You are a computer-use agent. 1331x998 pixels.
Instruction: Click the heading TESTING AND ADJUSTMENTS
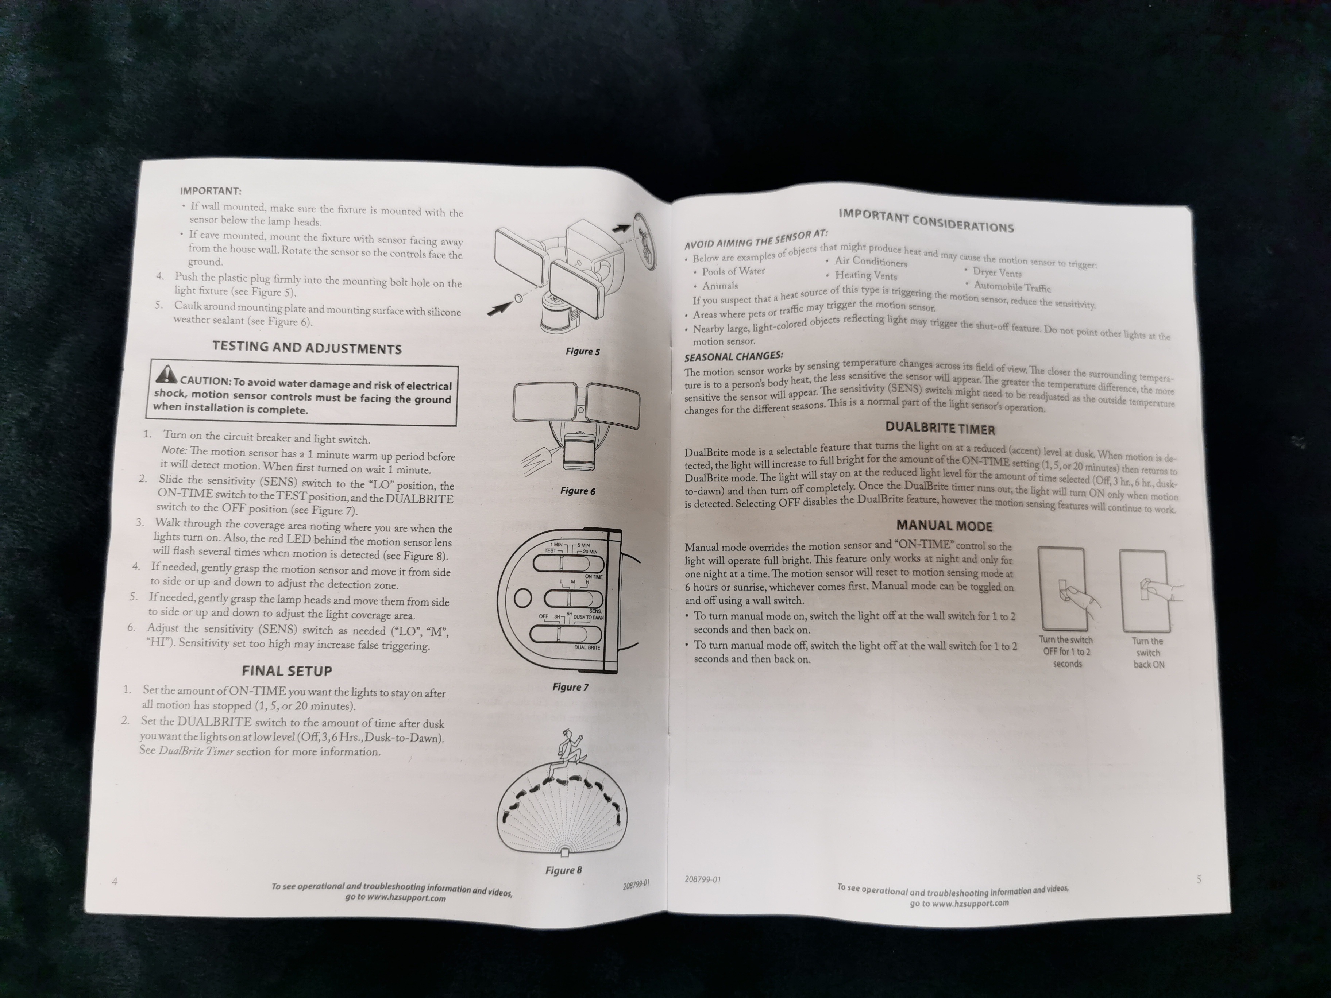point(307,348)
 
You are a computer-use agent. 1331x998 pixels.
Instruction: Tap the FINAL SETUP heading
point(287,671)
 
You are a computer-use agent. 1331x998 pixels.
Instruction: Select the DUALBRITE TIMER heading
point(940,428)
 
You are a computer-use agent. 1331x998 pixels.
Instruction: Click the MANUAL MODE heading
point(944,526)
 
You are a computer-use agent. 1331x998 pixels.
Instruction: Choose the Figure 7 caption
point(570,687)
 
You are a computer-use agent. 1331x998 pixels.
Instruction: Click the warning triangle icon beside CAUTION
point(166,374)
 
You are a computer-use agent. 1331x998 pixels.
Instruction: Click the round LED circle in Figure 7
point(522,597)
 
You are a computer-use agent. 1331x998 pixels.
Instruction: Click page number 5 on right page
point(1199,879)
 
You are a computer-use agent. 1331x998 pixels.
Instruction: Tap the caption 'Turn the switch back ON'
point(1148,653)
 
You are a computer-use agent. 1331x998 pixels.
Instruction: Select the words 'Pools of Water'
point(733,271)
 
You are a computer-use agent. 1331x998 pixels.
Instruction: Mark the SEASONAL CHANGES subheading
point(733,356)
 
